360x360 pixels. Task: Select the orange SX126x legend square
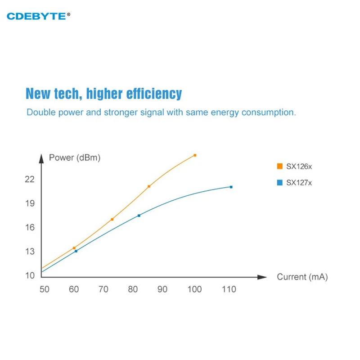pyautogui.click(x=279, y=166)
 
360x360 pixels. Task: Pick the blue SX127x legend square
pyautogui.click(x=279, y=182)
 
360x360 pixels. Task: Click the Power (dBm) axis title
pyautogui.click(x=75, y=158)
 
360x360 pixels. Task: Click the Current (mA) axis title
pyautogui.click(x=302, y=277)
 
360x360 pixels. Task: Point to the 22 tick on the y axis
pyautogui.click(x=30, y=179)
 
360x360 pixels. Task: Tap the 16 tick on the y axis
pyautogui.click(x=30, y=227)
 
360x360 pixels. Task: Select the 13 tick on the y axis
pyautogui.click(x=30, y=251)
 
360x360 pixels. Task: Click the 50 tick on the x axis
pyautogui.click(x=44, y=289)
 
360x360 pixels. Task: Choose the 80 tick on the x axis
pyautogui.click(x=133, y=289)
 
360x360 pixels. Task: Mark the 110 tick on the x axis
pyautogui.click(x=229, y=289)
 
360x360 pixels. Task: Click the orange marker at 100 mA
pyautogui.click(x=195, y=155)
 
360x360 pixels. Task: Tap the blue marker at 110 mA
pyautogui.click(x=231, y=187)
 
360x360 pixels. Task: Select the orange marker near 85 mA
pyautogui.click(x=149, y=186)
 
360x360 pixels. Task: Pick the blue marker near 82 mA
pyautogui.click(x=139, y=216)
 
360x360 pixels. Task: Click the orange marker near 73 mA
pyautogui.click(x=112, y=219)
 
